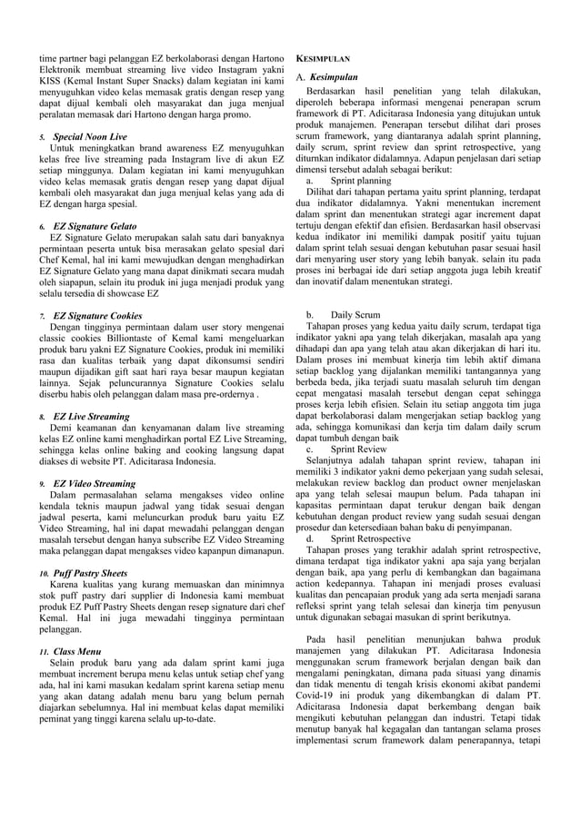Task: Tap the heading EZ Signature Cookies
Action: pos(98,314)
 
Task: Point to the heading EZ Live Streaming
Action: pos(91,415)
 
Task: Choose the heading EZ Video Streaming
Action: pos(95,484)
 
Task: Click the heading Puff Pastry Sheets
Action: pos(90,574)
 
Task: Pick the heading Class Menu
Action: pos(77,652)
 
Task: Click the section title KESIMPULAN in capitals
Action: pos(323,58)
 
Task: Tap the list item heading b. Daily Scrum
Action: pos(345,314)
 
